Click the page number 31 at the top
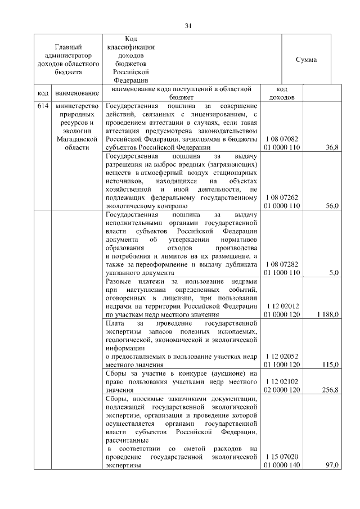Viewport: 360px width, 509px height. [x=188, y=25]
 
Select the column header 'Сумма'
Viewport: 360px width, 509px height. [x=306, y=60]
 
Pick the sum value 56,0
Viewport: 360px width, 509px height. [x=332, y=206]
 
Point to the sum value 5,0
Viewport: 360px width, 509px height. [x=334, y=273]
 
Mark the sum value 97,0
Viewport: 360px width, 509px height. [x=332, y=465]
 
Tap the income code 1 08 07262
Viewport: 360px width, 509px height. [x=283, y=198]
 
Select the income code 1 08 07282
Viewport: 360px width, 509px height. [x=283, y=264]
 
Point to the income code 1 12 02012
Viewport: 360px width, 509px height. [x=283, y=306]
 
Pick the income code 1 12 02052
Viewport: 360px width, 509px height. [x=283, y=356]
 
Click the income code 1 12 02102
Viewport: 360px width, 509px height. [x=283, y=381]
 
